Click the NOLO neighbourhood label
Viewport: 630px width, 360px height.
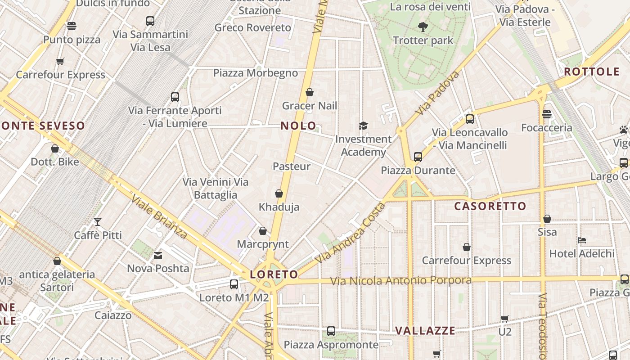pyautogui.click(x=298, y=126)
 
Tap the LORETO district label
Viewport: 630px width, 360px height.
pyautogui.click(x=274, y=274)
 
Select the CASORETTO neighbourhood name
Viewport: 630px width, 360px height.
pyautogui.click(x=490, y=206)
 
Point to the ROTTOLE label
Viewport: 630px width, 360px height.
pyautogui.click(x=592, y=72)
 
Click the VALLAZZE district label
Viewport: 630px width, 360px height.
pyautogui.click(x=425, y=331)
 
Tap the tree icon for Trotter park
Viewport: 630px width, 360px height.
pyautogui.click(x=423, y=27)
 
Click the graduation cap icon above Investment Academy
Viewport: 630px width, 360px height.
pyautogui.click(x=363, y=126)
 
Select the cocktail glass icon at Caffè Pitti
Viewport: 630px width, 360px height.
pyautogui.click(x=97, y=221)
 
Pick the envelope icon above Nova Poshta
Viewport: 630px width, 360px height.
pyautogui.click(x=158, y=256)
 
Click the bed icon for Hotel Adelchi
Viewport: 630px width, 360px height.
pyautogui.click(x=582, y=240)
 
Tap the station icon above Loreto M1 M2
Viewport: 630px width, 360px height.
pyautogui.click(x=234, y=284)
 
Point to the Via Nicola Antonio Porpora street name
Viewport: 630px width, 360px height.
pyautogui.click(x=401, y=281)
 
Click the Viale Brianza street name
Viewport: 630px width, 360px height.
pyautogui.click(x=159, y=217)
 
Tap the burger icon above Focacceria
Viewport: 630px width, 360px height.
pyautogui.click(x=547, y=114)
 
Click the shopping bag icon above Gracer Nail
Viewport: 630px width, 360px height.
pyautogui.click(x=310, y=93)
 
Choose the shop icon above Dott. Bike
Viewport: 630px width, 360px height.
pyautogui.click(x=55, y=148)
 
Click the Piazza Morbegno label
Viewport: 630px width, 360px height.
pyautogui.click(x=256, y=73)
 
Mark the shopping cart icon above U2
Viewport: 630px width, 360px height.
pyautogui.click(x=505, y=319)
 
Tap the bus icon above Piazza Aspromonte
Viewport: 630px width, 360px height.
pyautogui.click(x=331, y=331)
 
